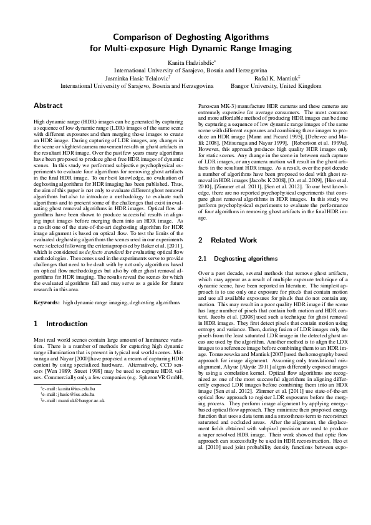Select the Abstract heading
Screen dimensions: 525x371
click(x=48, y=106)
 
